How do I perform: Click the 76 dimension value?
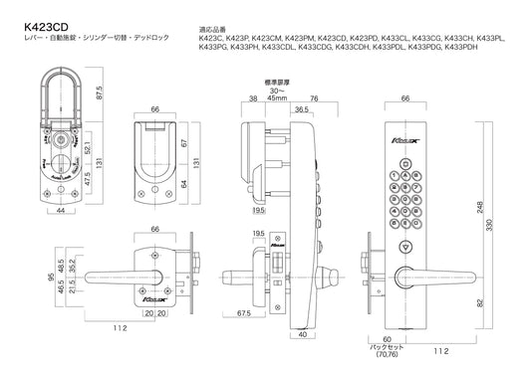pyautogui.click(x=315, y=98)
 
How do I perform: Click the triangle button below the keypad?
pyautogui.click(x=404, y=249)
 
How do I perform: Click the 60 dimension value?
pyautogui.click(x=387, y=338)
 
